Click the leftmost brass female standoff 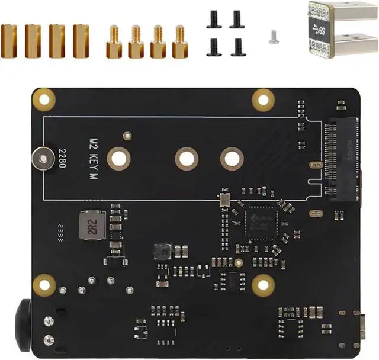click(9, 41)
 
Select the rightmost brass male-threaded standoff click(179, 43)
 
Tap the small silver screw click(272, 37)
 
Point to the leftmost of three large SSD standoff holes click(118, 158)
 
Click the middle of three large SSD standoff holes click(186, 158)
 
